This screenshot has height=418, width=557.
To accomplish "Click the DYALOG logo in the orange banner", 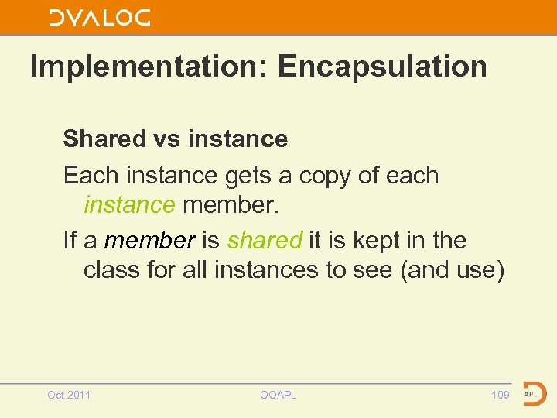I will (99, 18).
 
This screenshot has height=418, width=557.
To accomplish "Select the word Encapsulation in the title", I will (382, 67).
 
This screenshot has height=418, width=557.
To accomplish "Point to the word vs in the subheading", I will (166, 139).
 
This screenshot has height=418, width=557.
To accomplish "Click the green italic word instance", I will (129, 205).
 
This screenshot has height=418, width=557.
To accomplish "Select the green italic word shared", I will (264, 241).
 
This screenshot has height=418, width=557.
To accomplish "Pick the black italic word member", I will (149, 241).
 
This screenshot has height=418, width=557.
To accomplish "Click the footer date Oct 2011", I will (69, 395).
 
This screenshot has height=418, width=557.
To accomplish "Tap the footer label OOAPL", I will (278, 395).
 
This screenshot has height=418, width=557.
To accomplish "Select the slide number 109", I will (501, 395).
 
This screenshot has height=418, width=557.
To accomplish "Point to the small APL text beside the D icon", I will (531, 394).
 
